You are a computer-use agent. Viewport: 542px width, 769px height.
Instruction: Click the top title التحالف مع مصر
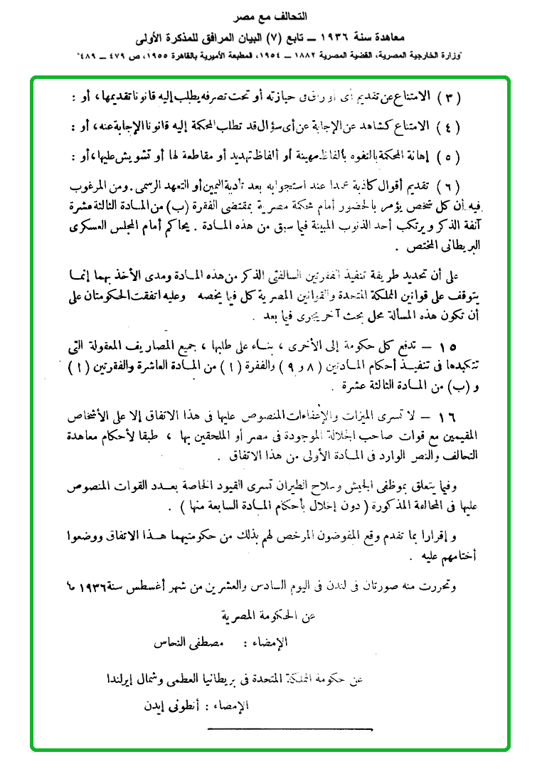pyautogui.click(x=272, y=16)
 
